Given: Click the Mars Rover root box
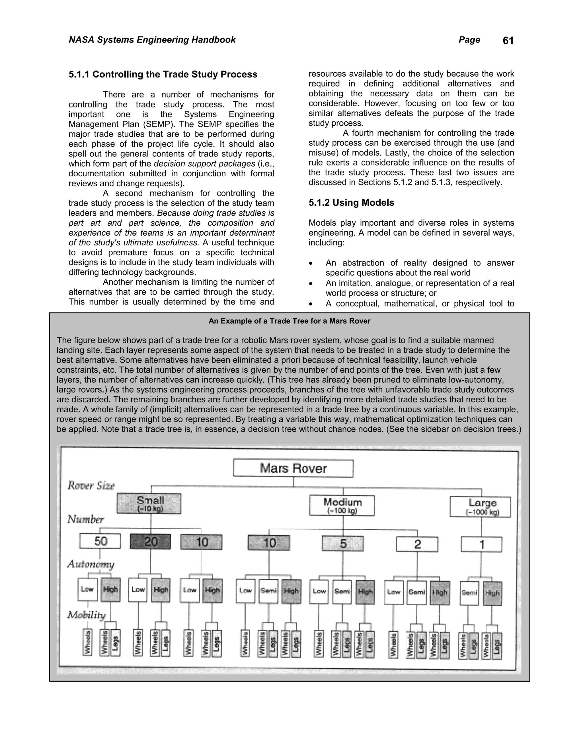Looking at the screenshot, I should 293,468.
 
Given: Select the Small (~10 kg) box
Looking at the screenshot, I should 149,504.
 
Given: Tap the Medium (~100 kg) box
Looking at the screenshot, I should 342,505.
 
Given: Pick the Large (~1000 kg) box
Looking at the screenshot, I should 480,507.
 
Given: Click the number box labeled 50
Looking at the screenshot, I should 100,541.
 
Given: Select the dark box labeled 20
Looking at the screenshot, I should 150,541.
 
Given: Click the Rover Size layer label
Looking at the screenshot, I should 91,486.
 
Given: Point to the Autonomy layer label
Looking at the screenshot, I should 91,564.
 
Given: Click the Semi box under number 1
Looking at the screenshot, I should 469,593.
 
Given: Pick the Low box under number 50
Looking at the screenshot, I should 87,589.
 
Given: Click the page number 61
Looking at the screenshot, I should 508,41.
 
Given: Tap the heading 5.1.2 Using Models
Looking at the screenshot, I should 351,203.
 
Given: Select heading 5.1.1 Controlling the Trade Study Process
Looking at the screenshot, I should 163,74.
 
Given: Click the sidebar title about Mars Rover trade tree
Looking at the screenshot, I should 290,321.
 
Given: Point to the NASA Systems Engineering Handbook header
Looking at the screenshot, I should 152,40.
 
